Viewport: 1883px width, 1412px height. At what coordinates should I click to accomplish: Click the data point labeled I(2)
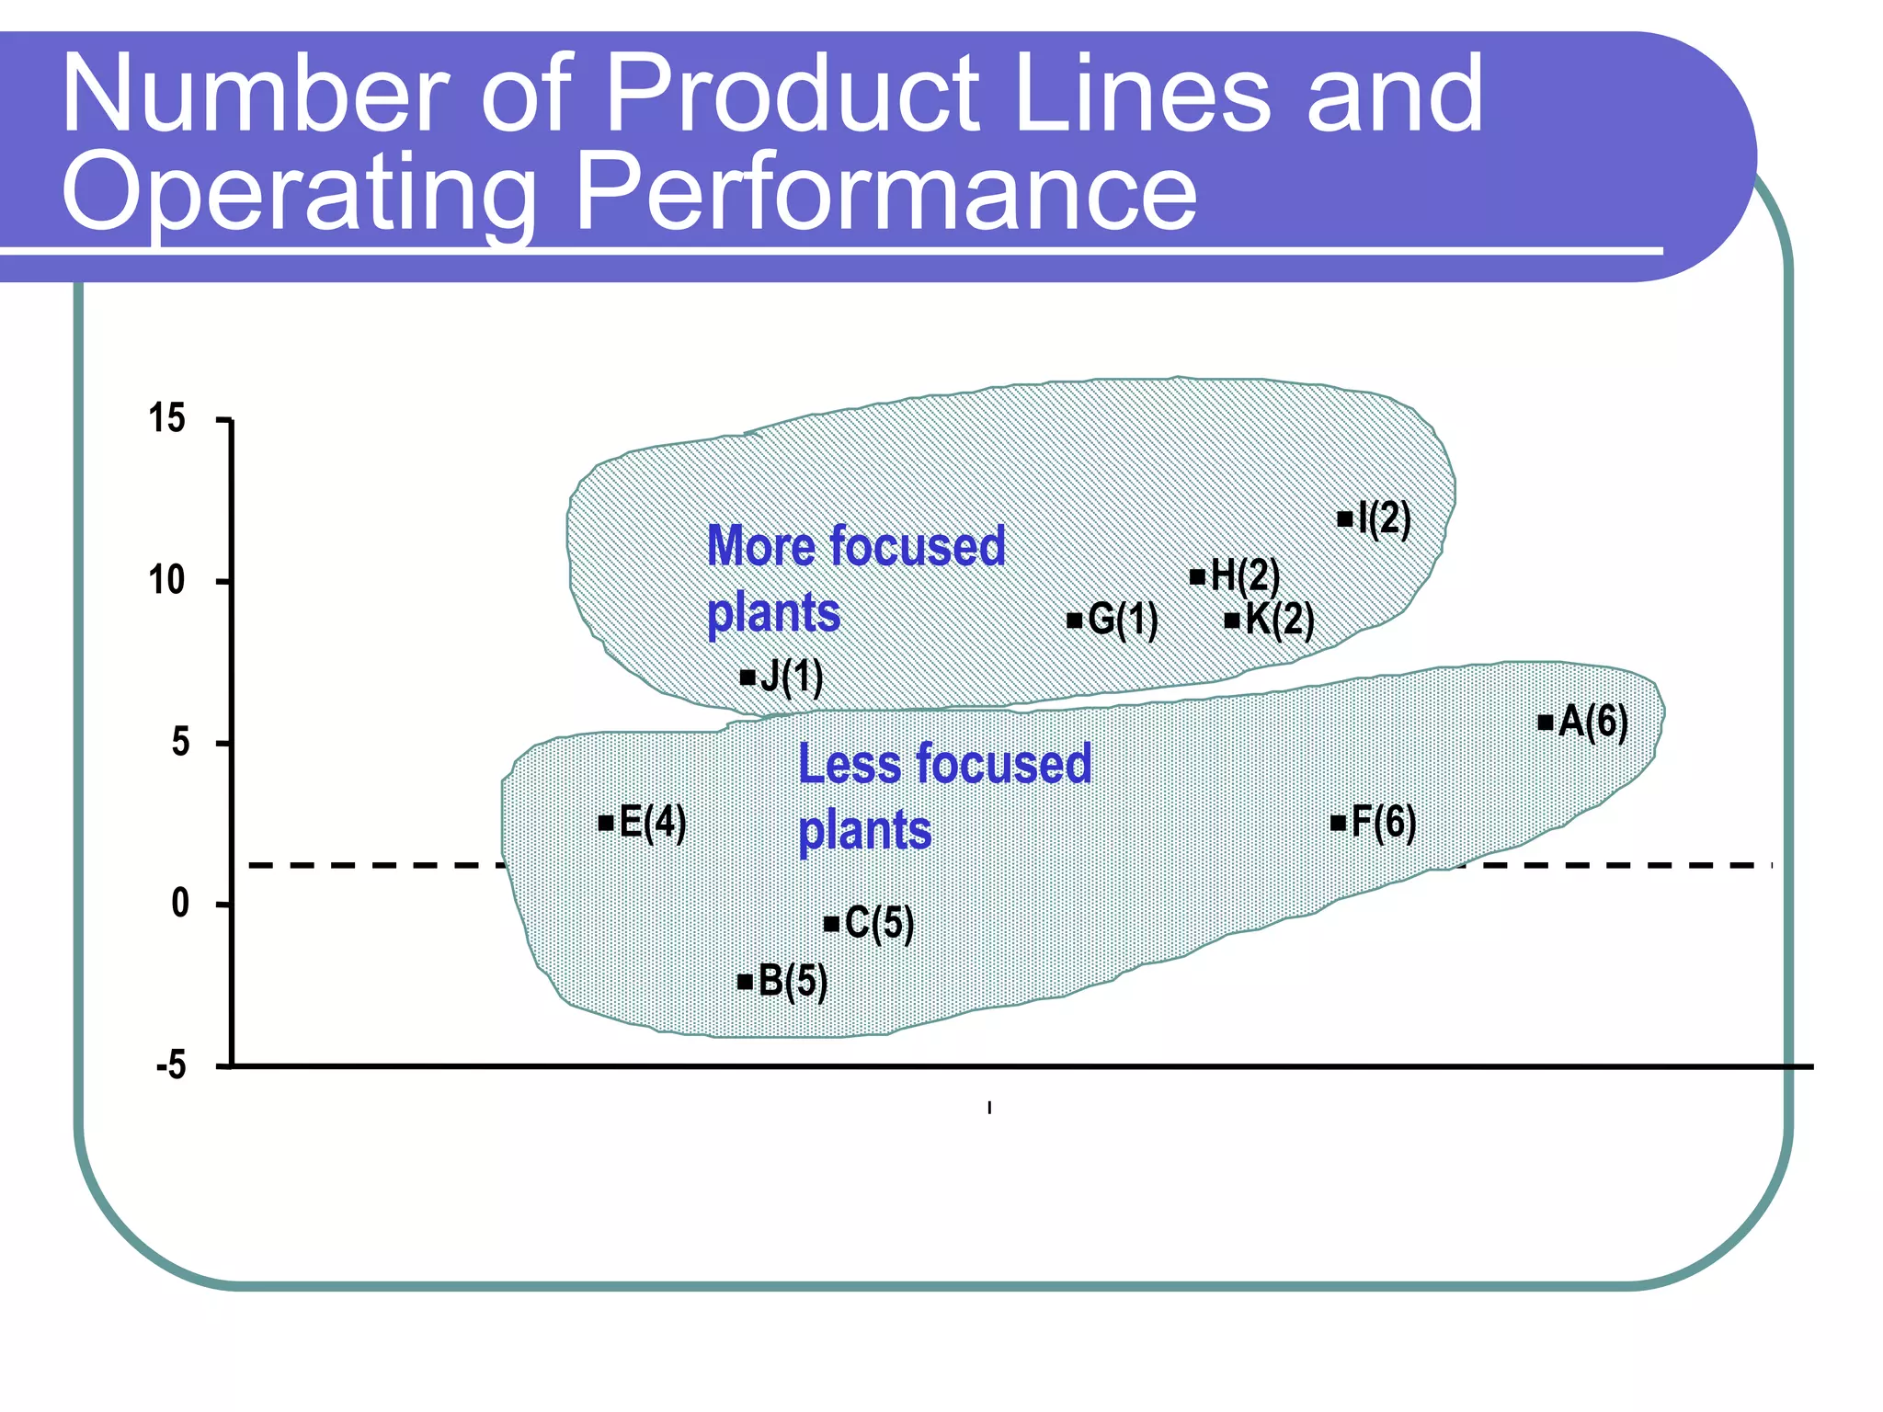click(x=1345, y=519)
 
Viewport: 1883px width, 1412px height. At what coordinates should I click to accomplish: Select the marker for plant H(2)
click(x=1197, y=577)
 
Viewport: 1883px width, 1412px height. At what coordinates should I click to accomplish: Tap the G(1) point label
click(x=1122, y=620)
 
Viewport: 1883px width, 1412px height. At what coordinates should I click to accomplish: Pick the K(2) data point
click(x=1232, y=621)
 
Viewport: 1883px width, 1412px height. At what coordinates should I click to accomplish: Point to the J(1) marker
click(x=747, y=678)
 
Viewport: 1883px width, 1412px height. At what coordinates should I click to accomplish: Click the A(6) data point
click(x=1546, y=723)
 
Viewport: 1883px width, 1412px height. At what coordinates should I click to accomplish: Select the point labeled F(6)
click(x=1339, y=823)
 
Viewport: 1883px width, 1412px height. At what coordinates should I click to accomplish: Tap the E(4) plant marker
click(x=606, y=823)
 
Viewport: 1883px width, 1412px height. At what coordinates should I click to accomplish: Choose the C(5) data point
click(x=831, y=924)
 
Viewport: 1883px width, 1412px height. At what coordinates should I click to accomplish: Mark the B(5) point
click(x=746, y=982)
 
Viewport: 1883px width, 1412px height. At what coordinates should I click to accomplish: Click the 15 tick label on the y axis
click(x=167, y=419)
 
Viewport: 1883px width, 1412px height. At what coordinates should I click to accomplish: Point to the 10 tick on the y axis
click(x=167, y=581)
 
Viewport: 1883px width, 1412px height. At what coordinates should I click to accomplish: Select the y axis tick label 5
click(x=180, y=743)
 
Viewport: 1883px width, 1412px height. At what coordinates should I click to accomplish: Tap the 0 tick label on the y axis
click(x=180, y=905)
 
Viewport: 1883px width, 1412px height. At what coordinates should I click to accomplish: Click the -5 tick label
click(x=171, y=1066)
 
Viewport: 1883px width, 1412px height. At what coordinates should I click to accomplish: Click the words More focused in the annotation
click(x=856, y=546)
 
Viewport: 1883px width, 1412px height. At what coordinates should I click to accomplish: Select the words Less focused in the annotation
click(x=944, y=765)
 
